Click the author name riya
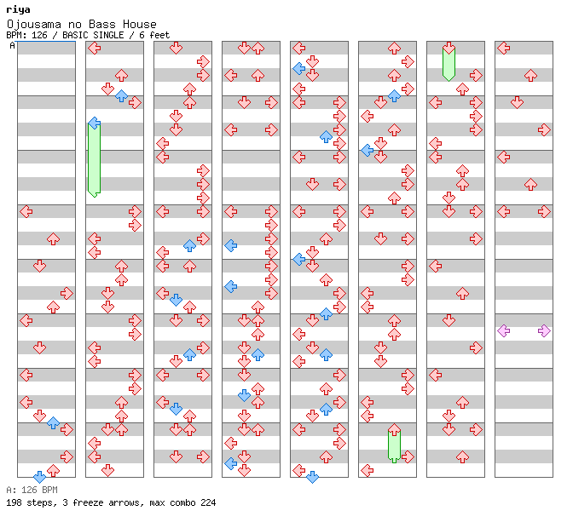18,10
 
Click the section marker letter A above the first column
13,45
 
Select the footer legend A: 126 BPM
31,490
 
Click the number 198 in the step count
14,502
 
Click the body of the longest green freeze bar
94,162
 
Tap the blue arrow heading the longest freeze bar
94,123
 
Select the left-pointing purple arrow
503,330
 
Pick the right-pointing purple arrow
544,330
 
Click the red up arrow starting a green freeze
394,430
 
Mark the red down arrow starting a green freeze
449,49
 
